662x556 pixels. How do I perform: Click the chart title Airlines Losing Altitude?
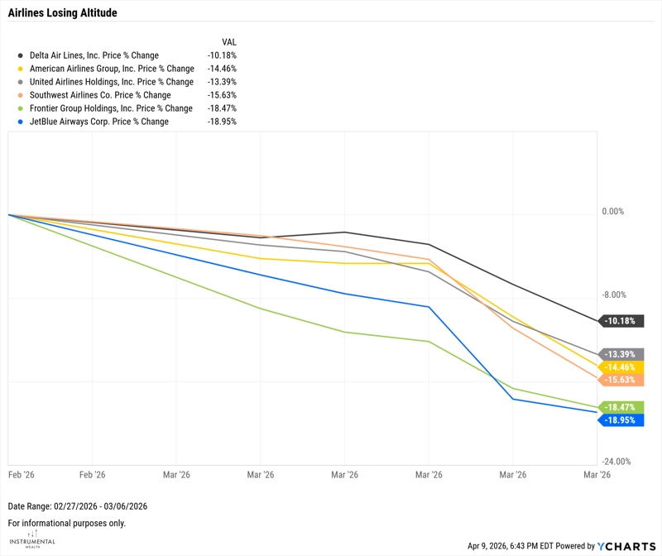(62, 13)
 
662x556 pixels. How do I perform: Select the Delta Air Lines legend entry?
(94, 55)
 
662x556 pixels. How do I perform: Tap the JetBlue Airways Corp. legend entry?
(98, 122)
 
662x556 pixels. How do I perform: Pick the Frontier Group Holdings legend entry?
(111, 108)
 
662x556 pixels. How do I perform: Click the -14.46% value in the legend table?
(222, 69)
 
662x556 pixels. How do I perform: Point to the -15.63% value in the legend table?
(222, 95)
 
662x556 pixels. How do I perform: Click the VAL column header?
(229, 41)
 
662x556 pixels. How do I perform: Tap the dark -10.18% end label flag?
(623, 321)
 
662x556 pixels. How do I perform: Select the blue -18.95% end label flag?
(623, 420)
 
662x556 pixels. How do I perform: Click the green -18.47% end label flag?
(623, 407)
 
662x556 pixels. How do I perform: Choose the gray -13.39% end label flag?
(623, 354)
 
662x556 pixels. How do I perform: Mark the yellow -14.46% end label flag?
(623, 367)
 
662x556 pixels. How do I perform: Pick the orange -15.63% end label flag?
(623, 380)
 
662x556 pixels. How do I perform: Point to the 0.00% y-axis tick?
(612, 212)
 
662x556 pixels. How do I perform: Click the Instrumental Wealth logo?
(32, 539)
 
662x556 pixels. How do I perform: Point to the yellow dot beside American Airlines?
(21, 69)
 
